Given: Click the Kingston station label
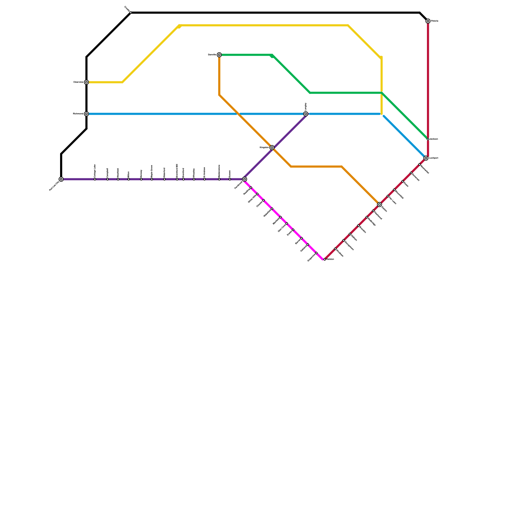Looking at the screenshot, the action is tap(264, 148).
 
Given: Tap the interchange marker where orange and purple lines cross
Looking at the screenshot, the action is tap(272, 148).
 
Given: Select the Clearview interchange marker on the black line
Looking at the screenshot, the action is tap(86, 82).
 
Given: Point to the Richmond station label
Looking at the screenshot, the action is tap(78, 114).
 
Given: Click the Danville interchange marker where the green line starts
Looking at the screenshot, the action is tap(219, 55).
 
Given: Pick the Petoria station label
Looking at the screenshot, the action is tap(435, 21).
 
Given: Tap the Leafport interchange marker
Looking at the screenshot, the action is tap(426, 158).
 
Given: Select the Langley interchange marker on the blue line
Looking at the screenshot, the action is tap(306, 114).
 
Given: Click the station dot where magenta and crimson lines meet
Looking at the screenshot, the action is tap(324, 259).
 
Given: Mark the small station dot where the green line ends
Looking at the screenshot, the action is tap(428, 139).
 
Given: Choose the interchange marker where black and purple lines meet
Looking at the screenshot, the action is tap(61, 179).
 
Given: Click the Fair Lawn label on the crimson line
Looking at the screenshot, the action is tap(392, 201).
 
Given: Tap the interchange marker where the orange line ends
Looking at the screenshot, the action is tap(379, 205).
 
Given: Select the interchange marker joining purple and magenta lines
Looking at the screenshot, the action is tap(244, 179).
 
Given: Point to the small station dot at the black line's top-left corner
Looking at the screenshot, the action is tap(131, 13).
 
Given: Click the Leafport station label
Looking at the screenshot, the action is tap(434, 158).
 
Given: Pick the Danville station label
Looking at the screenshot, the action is tap(212, 55).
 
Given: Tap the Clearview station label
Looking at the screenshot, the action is tap(78, 82).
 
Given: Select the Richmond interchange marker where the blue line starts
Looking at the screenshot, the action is tap(86, 114).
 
